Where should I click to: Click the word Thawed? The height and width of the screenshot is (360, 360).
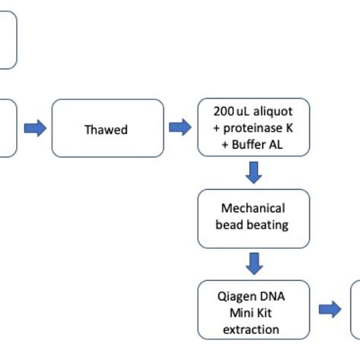click(x=106, y=130)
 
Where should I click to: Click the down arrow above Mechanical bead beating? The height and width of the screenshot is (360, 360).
click(x=254, y=174)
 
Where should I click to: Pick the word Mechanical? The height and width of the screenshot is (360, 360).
click(x=254, y=208)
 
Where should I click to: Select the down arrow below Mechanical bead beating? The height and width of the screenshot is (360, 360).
click(x=254, y=263)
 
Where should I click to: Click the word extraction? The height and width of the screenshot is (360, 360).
click(x=254, y=329)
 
